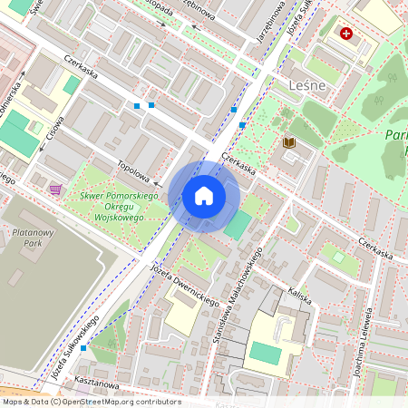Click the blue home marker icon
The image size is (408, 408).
pos(204,196)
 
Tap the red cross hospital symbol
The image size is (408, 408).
pos(346,34)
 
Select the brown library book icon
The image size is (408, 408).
pos(289,142)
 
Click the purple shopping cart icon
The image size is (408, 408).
pos(56,189)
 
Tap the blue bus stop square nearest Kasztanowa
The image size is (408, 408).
pos(83,347)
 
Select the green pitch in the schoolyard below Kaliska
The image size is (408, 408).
pos(265,353)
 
